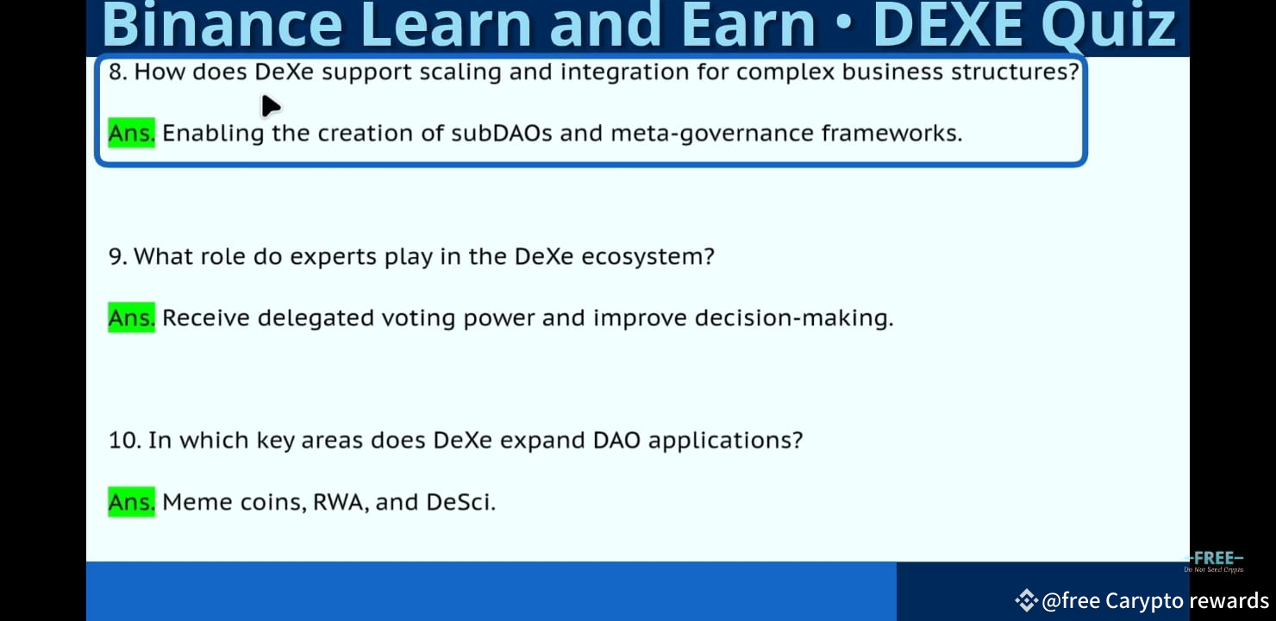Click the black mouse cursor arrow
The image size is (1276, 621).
click(x=270, y=106)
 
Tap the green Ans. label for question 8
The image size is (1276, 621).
click(x=131, y=133)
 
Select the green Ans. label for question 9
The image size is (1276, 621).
click(x=131, y=317)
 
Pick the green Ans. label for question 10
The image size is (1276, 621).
click(x=131, y=502)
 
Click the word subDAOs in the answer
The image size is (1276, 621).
click(x=501, y=134)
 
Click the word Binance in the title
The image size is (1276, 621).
click(x=222, y=25)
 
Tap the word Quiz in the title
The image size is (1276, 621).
click(x=1109, y=26)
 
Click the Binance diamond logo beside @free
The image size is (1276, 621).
click(x=1026, y=600)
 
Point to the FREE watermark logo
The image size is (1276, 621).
click(x=1214, y=561)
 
